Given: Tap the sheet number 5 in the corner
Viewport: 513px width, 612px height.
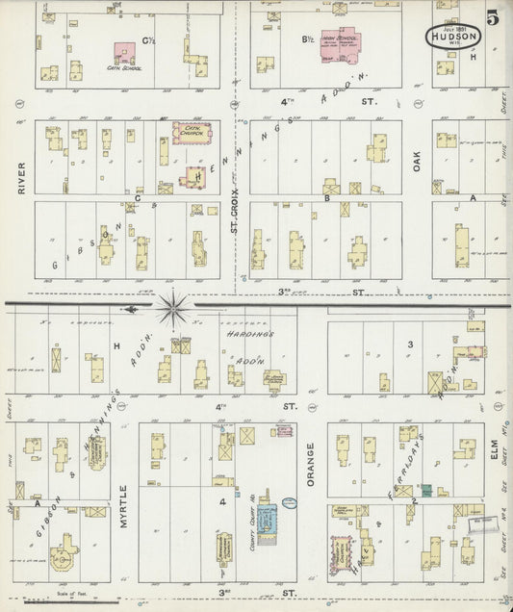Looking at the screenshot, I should (x=493, y=15).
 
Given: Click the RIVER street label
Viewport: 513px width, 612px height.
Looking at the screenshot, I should (x=20, y=177).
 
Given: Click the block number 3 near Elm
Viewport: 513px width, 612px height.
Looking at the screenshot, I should (x=409, y=344).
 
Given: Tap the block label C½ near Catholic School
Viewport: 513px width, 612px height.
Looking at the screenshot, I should (x=149, y=40).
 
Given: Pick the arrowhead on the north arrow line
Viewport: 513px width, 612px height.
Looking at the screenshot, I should (x=134, y=307).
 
